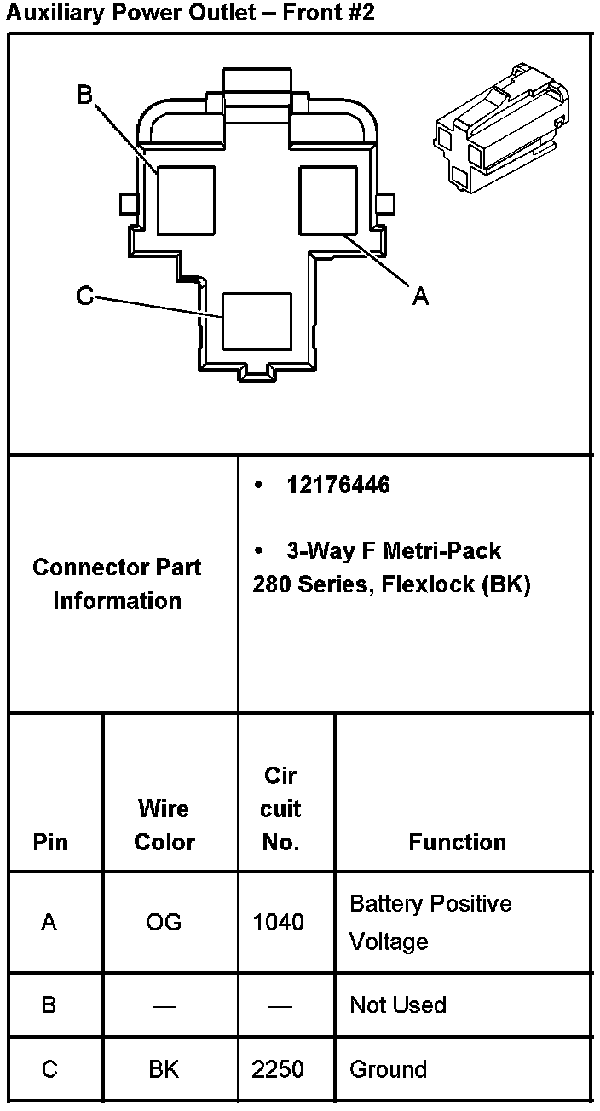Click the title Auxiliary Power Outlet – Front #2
point(189,13)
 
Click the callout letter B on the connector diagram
point(84,95)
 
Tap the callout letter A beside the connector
point(419,296)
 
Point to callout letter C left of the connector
point(84,296)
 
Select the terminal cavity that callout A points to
point(326,199)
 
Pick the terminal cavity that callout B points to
point(186,199)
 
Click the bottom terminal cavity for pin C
point(257,321)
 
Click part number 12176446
point(338,485)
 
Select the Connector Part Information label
point(118,584)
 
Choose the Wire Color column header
point(164,825)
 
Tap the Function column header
point(457,842)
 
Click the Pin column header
point(50,842)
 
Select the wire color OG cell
point(164,922)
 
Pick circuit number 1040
point(279,922)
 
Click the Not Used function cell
point(398,1005)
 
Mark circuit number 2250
point(278,1069)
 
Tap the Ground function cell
point(388,1069)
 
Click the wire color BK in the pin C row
point(164,1069)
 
